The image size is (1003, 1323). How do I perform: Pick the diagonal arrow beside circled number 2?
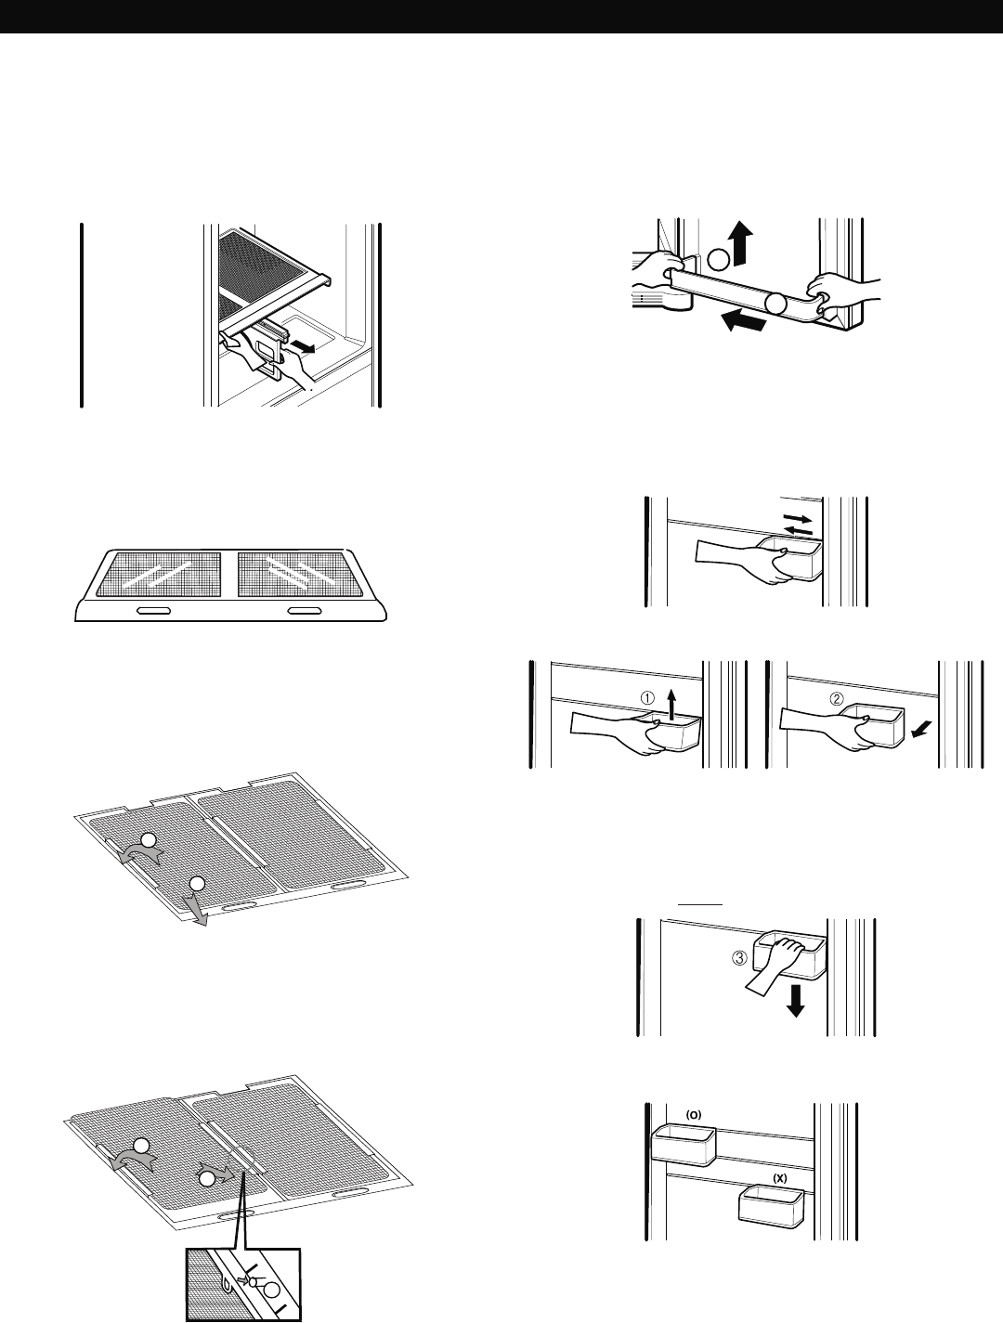(918, 730)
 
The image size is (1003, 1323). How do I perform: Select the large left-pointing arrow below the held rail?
(747, 321)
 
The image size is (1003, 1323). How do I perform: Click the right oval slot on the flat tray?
(304, 611)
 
